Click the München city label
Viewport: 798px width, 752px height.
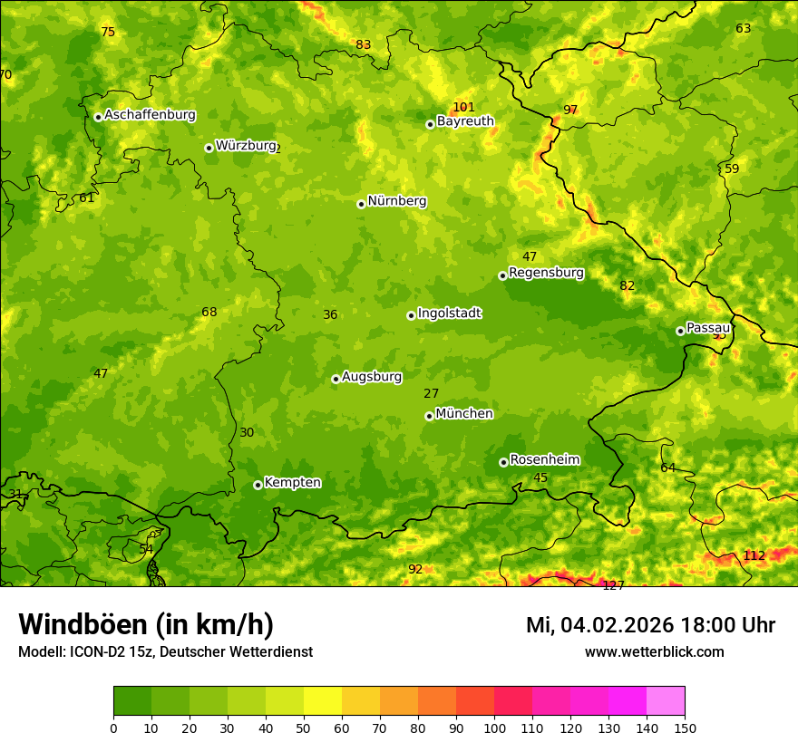tap(464, 414)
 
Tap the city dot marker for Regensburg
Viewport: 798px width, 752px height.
tap(502, 275)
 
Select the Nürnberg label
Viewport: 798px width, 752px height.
tap(397, 201)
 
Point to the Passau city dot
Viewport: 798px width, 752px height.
tap(680, 331)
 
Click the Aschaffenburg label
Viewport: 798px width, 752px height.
tap(150, 115)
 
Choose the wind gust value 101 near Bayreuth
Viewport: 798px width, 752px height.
tap(463, 107)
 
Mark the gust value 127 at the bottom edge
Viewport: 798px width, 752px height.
tap(613, 585)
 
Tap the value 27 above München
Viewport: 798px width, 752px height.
tap(431, 393)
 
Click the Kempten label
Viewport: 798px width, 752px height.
tap(292, 483)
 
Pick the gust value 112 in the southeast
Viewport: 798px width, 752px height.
tap(754, 555)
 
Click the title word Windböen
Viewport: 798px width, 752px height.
tap(82, 624)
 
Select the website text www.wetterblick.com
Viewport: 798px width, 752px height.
tap(654, 651)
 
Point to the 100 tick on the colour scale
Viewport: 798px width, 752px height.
tap(494, 728)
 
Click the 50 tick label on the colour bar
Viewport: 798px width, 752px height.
tap(304, 728)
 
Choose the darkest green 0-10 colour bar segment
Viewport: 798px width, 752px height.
tap(132, 701)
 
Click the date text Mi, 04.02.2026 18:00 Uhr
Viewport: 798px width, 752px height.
tap(650, 625)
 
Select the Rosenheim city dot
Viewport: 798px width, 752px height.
tap(503, 462)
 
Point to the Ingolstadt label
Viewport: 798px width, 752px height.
tap(449, 313)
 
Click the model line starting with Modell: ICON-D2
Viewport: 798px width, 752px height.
tap(165, 651)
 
